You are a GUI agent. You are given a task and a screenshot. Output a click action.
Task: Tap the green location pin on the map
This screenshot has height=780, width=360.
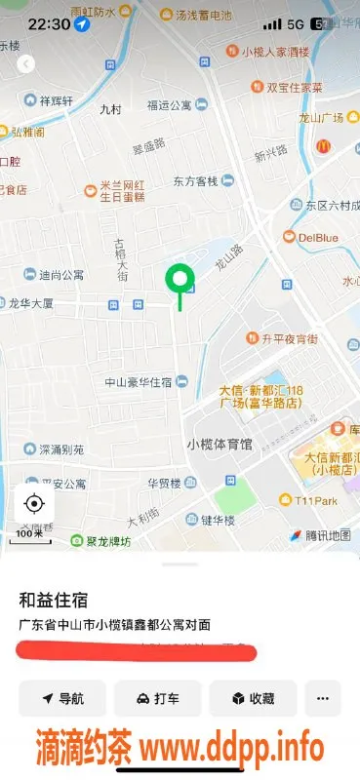point(179,281)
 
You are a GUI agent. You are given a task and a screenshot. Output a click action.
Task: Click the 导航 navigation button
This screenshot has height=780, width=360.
point(62,698)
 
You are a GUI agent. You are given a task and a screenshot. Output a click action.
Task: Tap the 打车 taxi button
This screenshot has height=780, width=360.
point(157,698)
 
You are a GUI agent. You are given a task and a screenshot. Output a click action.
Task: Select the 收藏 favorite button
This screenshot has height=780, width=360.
point(252,698)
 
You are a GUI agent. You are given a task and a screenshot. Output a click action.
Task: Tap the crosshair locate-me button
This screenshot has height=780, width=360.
point(34,503)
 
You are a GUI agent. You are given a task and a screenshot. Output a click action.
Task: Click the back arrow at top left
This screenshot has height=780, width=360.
point(26,63)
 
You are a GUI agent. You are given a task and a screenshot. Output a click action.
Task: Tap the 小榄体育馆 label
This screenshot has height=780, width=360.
point(219,444)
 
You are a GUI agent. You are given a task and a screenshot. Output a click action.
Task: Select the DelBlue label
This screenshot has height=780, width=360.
point(317,237)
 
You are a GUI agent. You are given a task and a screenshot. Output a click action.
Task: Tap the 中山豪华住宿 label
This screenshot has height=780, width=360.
point(139,381)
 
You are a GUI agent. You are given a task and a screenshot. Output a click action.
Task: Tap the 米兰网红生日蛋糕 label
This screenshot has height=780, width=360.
point(121,189)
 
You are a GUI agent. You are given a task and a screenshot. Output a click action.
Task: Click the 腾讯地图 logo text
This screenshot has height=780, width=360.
point(326,535)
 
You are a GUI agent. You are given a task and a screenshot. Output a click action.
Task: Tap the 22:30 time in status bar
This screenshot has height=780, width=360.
point(49,23)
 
